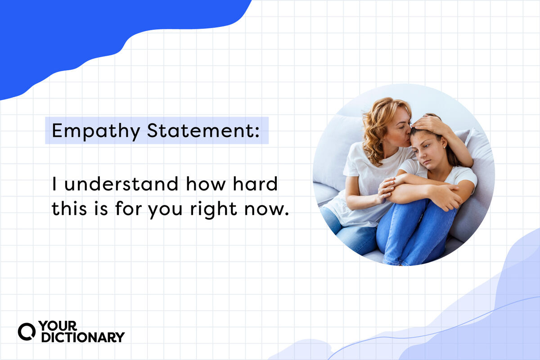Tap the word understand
point(117,184)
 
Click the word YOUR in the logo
point(58,326)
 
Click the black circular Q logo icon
point(26,332)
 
